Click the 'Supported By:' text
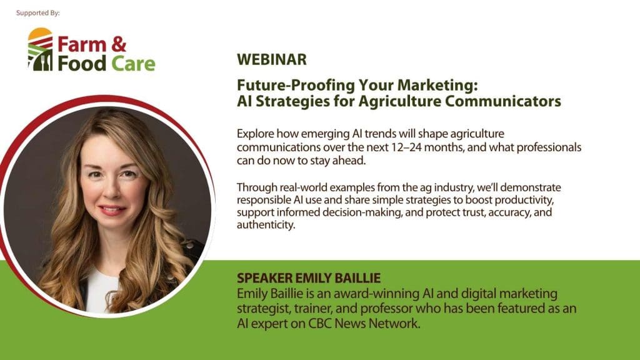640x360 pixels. (38, 12)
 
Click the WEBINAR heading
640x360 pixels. (272, 60)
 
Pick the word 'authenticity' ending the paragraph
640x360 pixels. (265, 225)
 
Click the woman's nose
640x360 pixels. (111, 191)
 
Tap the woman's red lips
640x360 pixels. (112, 210)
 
